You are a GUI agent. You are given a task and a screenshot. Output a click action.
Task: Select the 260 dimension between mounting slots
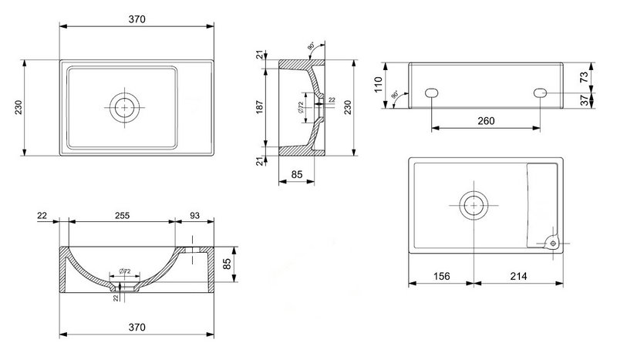click(x=486, y=121)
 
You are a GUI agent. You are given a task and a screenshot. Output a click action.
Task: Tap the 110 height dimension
click(x=379, y=84)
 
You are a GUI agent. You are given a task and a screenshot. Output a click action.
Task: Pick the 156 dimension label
click(x=440, y=275)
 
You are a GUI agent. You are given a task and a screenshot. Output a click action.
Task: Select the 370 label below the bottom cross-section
click(x=136, y=328)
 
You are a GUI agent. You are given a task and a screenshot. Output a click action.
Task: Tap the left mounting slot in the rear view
click(x=432, y=93)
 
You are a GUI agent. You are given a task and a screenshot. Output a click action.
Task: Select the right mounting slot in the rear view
click(x=541, y=93)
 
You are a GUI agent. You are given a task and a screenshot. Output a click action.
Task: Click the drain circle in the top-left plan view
click(x=123, y=107)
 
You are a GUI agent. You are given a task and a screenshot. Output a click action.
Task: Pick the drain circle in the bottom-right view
click(x=472, y=205)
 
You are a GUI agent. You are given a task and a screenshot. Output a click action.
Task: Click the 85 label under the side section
click(x=297, y=175)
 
